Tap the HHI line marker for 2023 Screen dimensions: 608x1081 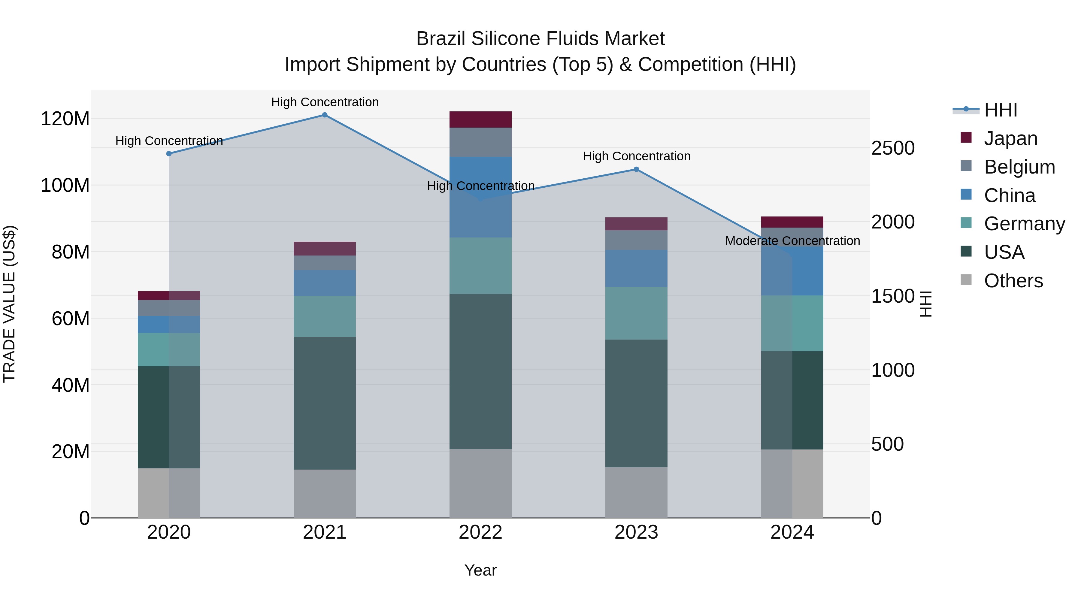636,170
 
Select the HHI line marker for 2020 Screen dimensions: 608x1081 169,153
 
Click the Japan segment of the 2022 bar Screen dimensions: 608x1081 480,119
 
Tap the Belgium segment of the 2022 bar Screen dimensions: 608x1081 480,142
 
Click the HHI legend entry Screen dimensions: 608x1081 1001,110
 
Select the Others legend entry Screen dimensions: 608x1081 1013,281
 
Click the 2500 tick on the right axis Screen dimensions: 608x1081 893,148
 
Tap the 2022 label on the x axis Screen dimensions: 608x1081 480,532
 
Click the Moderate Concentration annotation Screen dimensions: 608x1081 792,241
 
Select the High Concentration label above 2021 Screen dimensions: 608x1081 325,102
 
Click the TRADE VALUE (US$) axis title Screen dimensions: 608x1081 9,304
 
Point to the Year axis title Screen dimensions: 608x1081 480,570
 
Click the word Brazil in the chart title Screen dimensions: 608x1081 441,39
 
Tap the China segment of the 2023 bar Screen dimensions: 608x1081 636,268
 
